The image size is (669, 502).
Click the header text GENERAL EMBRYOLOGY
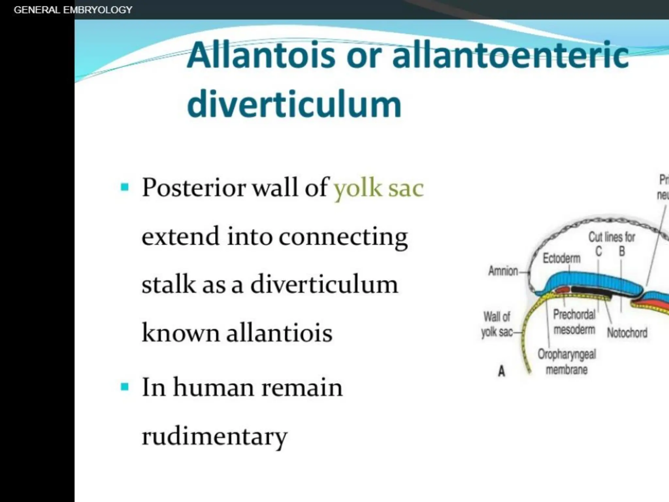pos(73,10)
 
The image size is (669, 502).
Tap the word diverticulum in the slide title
pos(294,104)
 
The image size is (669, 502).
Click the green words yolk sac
pos(379,189)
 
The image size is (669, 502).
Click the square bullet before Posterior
pos(124,187)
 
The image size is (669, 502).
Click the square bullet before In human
pos(124,387)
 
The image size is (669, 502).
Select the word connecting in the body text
pos(343,237)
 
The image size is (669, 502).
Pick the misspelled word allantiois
pos(279,333)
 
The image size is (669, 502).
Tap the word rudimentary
pos(214,436)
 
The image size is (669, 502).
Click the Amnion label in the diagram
pos(503,271)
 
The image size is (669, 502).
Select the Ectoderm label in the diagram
pos(562,258)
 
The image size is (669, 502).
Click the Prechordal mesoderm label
pos(574,322)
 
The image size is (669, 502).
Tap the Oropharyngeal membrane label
pos(567,362)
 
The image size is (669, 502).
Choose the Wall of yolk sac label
pos(497,324)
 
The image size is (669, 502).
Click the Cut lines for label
pos(612,237)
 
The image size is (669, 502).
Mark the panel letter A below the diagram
pos(501,371)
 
